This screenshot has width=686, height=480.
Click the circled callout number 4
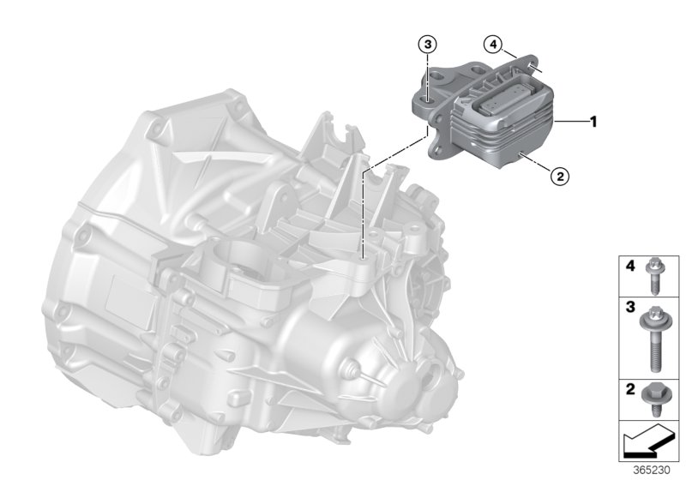tap(491, 43)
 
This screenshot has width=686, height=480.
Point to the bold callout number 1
tap(592, 122)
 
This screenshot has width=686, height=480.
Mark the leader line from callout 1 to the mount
tap(570, 123)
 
